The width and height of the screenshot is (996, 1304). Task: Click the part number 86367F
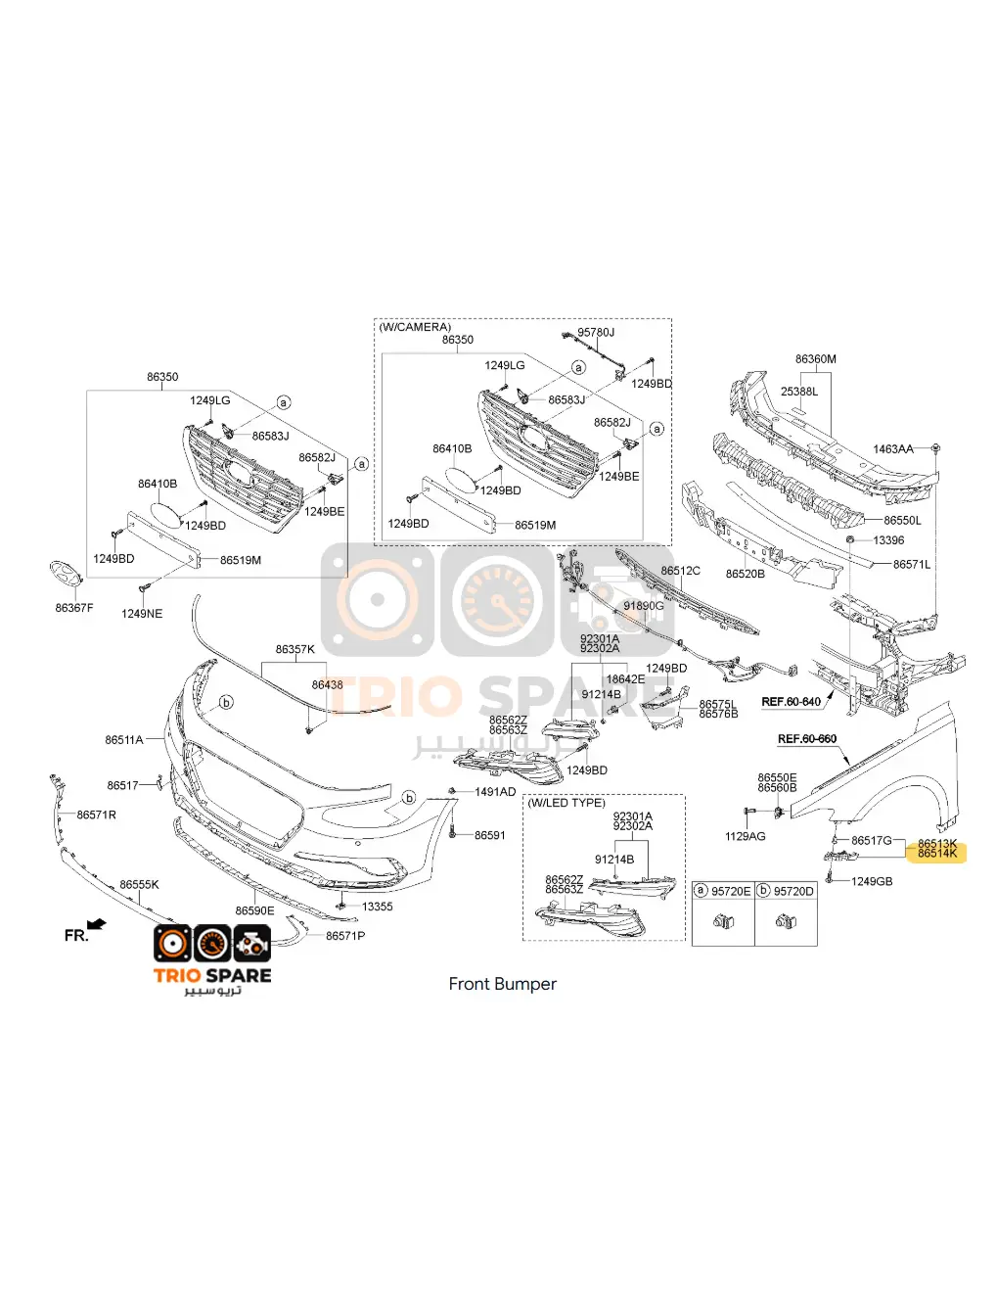pos(74,608)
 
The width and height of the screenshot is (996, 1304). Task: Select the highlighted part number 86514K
pos(937,854)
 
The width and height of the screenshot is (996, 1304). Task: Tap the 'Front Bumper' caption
pos(502,984)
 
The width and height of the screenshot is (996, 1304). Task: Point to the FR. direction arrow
pos(96,924)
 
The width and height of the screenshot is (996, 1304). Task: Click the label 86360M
pos(815,359)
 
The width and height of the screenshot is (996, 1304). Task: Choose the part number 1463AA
pos(892,449)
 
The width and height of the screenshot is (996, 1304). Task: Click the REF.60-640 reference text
pos(791,702)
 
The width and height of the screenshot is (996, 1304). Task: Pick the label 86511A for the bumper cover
pos(124,740)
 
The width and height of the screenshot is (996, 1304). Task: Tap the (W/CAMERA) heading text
pos(415,327)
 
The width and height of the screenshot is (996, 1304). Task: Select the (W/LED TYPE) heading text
pos(566,803)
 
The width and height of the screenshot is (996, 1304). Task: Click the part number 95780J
pos(596,333)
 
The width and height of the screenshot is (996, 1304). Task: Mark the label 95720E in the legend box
pos(731,892)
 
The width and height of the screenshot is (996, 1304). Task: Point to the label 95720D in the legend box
pos(793,892)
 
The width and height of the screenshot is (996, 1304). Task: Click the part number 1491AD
pos(495,792)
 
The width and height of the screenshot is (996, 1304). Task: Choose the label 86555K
pos(139,885)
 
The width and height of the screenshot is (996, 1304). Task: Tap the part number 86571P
pos(345,936)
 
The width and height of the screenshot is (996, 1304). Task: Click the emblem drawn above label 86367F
pos(66,574)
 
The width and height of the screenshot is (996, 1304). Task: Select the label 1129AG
pos(746,836)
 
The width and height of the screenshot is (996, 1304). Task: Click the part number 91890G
pos(643,606)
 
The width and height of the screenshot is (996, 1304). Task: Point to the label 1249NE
pos(142,614)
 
